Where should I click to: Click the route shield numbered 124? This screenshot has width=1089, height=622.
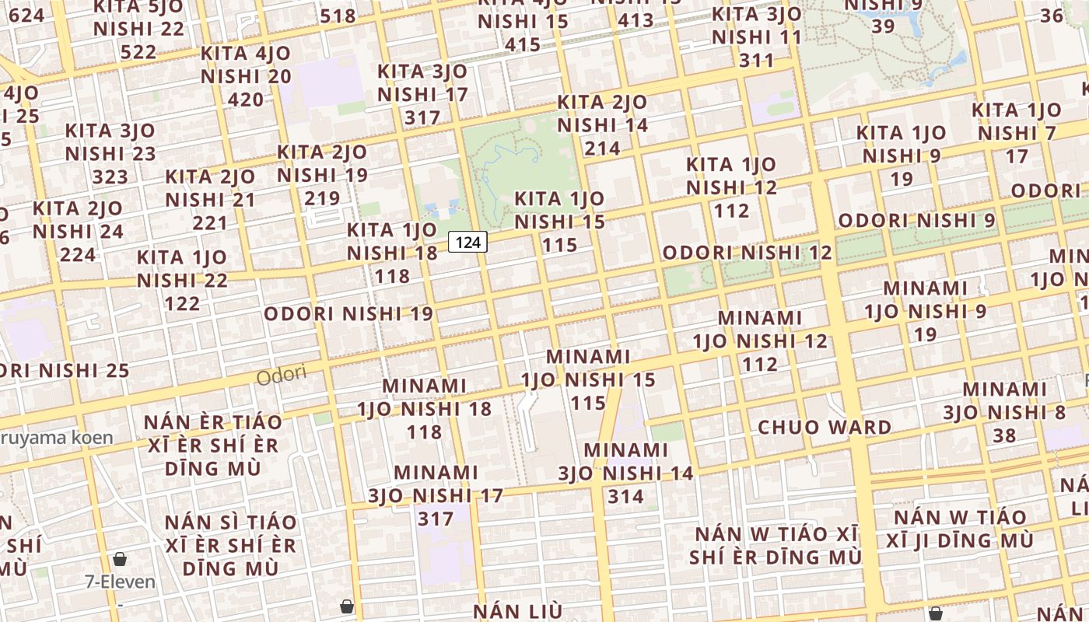click(467, 243)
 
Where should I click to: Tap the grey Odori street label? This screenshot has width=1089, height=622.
click(282, 376)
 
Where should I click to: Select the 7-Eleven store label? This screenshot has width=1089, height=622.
click(120, 582)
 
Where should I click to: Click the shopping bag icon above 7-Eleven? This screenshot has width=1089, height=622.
click(120, 558)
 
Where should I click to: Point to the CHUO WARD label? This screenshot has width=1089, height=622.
click(825, 427)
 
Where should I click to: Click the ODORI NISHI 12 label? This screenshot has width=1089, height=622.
click(747, 253)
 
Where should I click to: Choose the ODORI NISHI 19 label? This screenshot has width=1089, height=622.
click(348, 314)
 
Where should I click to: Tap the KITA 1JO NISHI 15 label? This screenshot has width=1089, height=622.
click(560, 222)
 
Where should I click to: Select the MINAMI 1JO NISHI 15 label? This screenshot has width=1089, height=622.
click(588, 379)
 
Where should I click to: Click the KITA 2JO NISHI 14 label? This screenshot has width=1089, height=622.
click(603, 124)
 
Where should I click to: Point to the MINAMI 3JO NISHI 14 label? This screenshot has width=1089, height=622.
click(626, 473)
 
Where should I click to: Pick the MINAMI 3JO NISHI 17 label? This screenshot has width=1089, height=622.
click(436, 495)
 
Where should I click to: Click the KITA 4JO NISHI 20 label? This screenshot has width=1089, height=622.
click(246, 76)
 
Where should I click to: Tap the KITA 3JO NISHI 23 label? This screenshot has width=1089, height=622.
click(110, 153)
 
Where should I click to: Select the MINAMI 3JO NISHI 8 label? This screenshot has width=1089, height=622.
click(1004, 411)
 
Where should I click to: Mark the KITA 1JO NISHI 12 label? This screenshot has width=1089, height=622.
click(731, 187)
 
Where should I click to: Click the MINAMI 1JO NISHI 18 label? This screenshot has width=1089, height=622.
click(425, 408)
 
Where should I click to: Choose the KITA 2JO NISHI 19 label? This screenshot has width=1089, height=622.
click(322, 174)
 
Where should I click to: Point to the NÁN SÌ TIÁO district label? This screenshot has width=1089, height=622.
click(231, 545)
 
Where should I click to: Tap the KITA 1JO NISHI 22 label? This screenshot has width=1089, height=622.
click(182, 280)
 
